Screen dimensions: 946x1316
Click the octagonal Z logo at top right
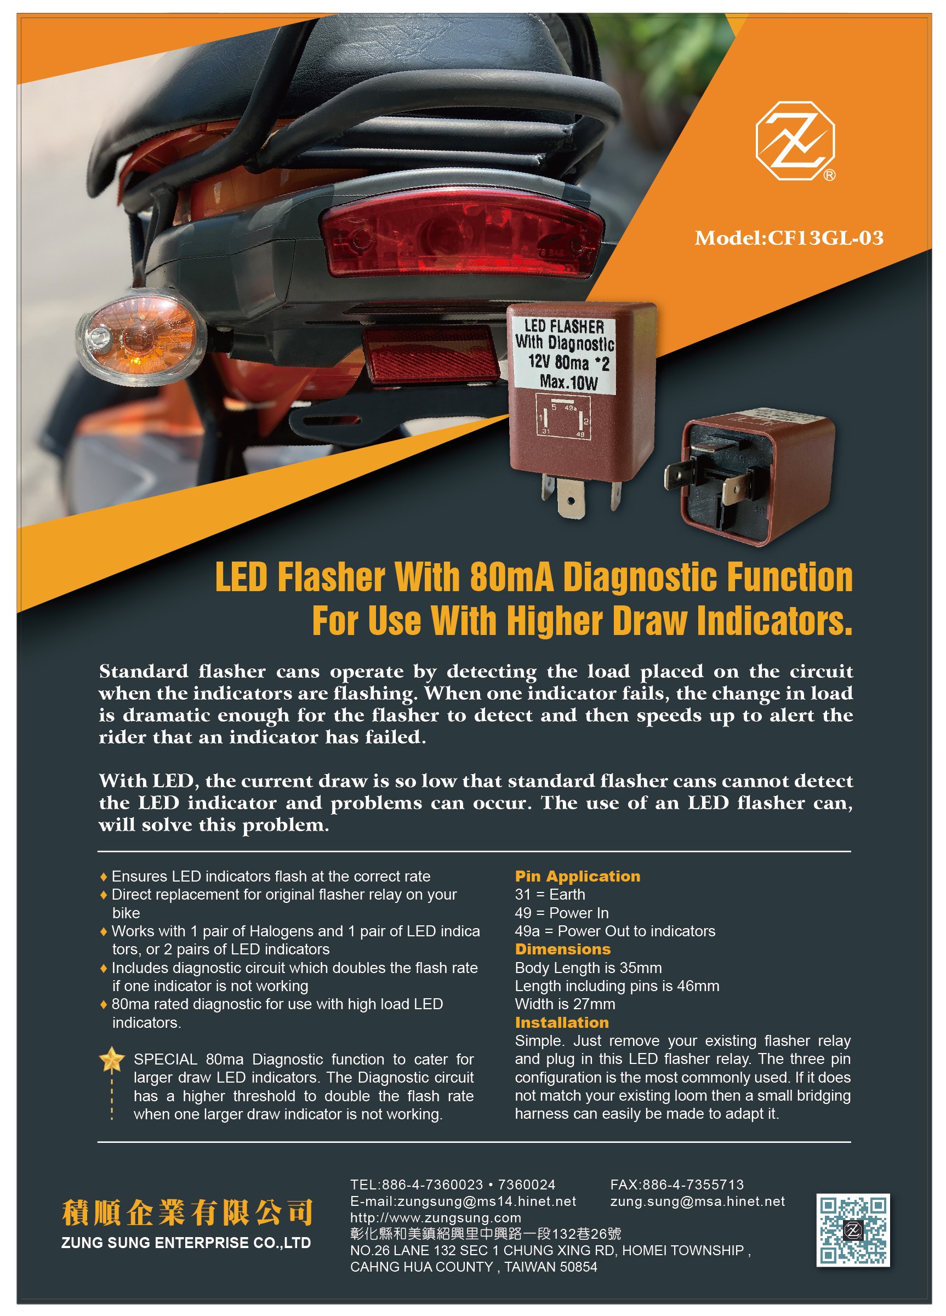(795, 141)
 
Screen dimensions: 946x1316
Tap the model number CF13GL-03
(825, 238)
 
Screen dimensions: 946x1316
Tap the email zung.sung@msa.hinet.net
(697, 1201)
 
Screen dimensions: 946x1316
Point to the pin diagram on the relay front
(562, 416)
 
